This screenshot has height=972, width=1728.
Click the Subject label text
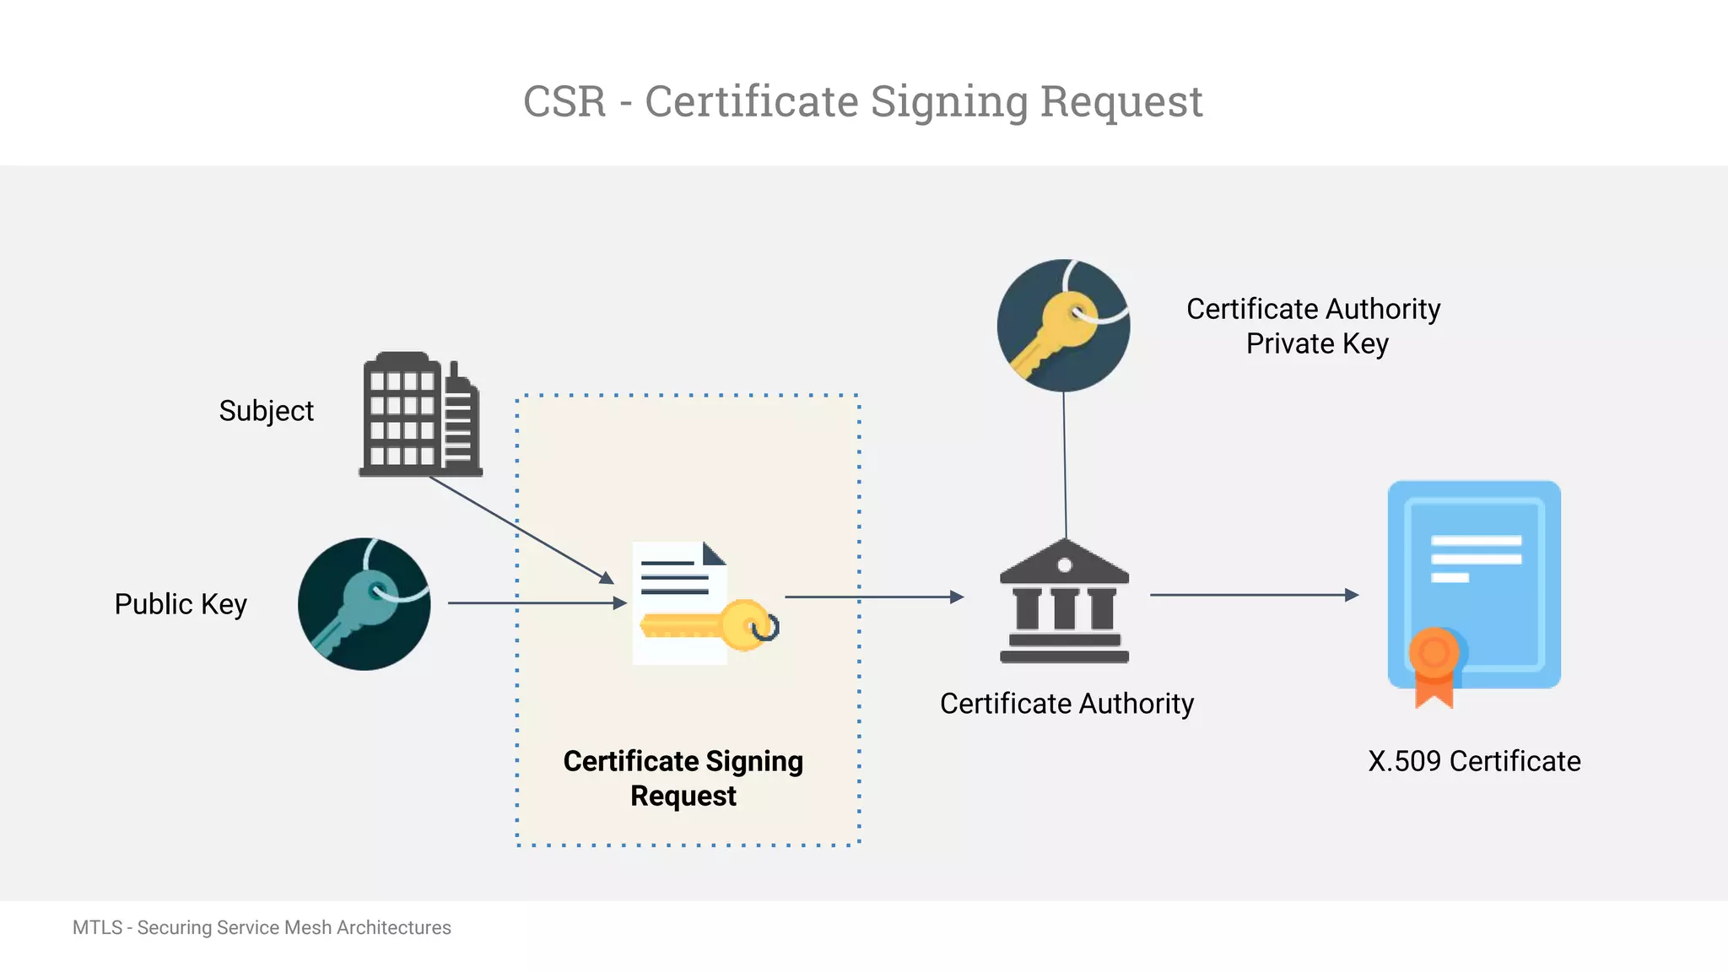(x=266, y=411)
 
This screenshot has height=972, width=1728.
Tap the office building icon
(x=420, y=415)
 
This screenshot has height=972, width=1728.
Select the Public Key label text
(x=181, y=604)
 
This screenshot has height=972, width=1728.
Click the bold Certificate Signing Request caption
(x=683, y=778)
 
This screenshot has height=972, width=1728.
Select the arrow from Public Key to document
(x=536, y=603)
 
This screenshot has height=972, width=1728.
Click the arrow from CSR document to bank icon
(x=873, y=597)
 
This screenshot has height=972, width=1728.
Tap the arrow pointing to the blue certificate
(x=1253, y=595)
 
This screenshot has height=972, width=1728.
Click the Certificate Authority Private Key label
(x=1314, y=327)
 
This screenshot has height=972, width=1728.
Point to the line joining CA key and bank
(x=1065, y=464)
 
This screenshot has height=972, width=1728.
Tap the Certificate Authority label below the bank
(x=1066, y=704)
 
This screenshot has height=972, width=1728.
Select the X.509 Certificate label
(x=1474, y=761)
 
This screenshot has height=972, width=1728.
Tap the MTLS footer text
(x=262, y=927)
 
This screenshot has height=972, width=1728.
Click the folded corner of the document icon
(x=713, y=554)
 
